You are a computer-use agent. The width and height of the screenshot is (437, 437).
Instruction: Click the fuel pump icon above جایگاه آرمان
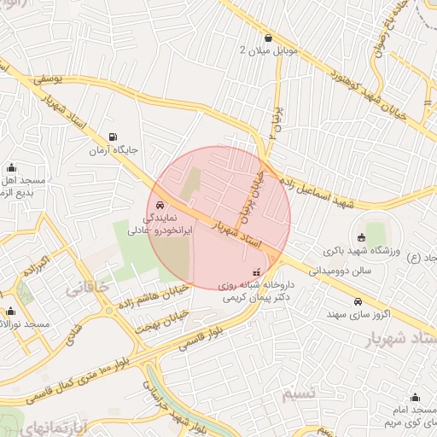(x=113, y=137)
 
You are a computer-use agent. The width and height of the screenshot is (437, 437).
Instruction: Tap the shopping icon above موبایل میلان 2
(x=269, y=38)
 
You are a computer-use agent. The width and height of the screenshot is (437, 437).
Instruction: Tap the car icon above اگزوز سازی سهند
(x=359, y=301)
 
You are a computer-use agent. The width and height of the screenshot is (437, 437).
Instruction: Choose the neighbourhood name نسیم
(x=299, y=393)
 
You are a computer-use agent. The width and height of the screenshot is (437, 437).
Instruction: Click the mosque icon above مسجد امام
(x=415, y=398)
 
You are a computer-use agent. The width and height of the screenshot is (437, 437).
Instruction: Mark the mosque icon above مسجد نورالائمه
(x=10, y=312)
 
